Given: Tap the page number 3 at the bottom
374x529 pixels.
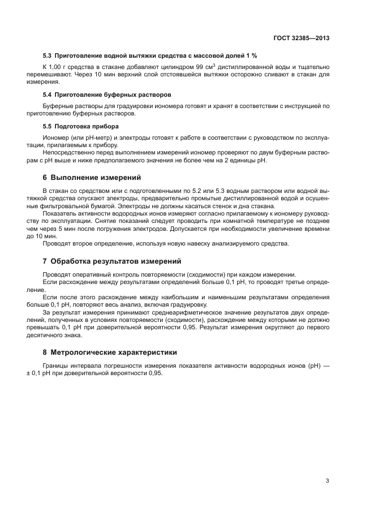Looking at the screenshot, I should pyautogui.click(x=327, y=481).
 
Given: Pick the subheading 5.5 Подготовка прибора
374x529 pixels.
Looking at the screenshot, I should pyautogui.click(x=80, y=126).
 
